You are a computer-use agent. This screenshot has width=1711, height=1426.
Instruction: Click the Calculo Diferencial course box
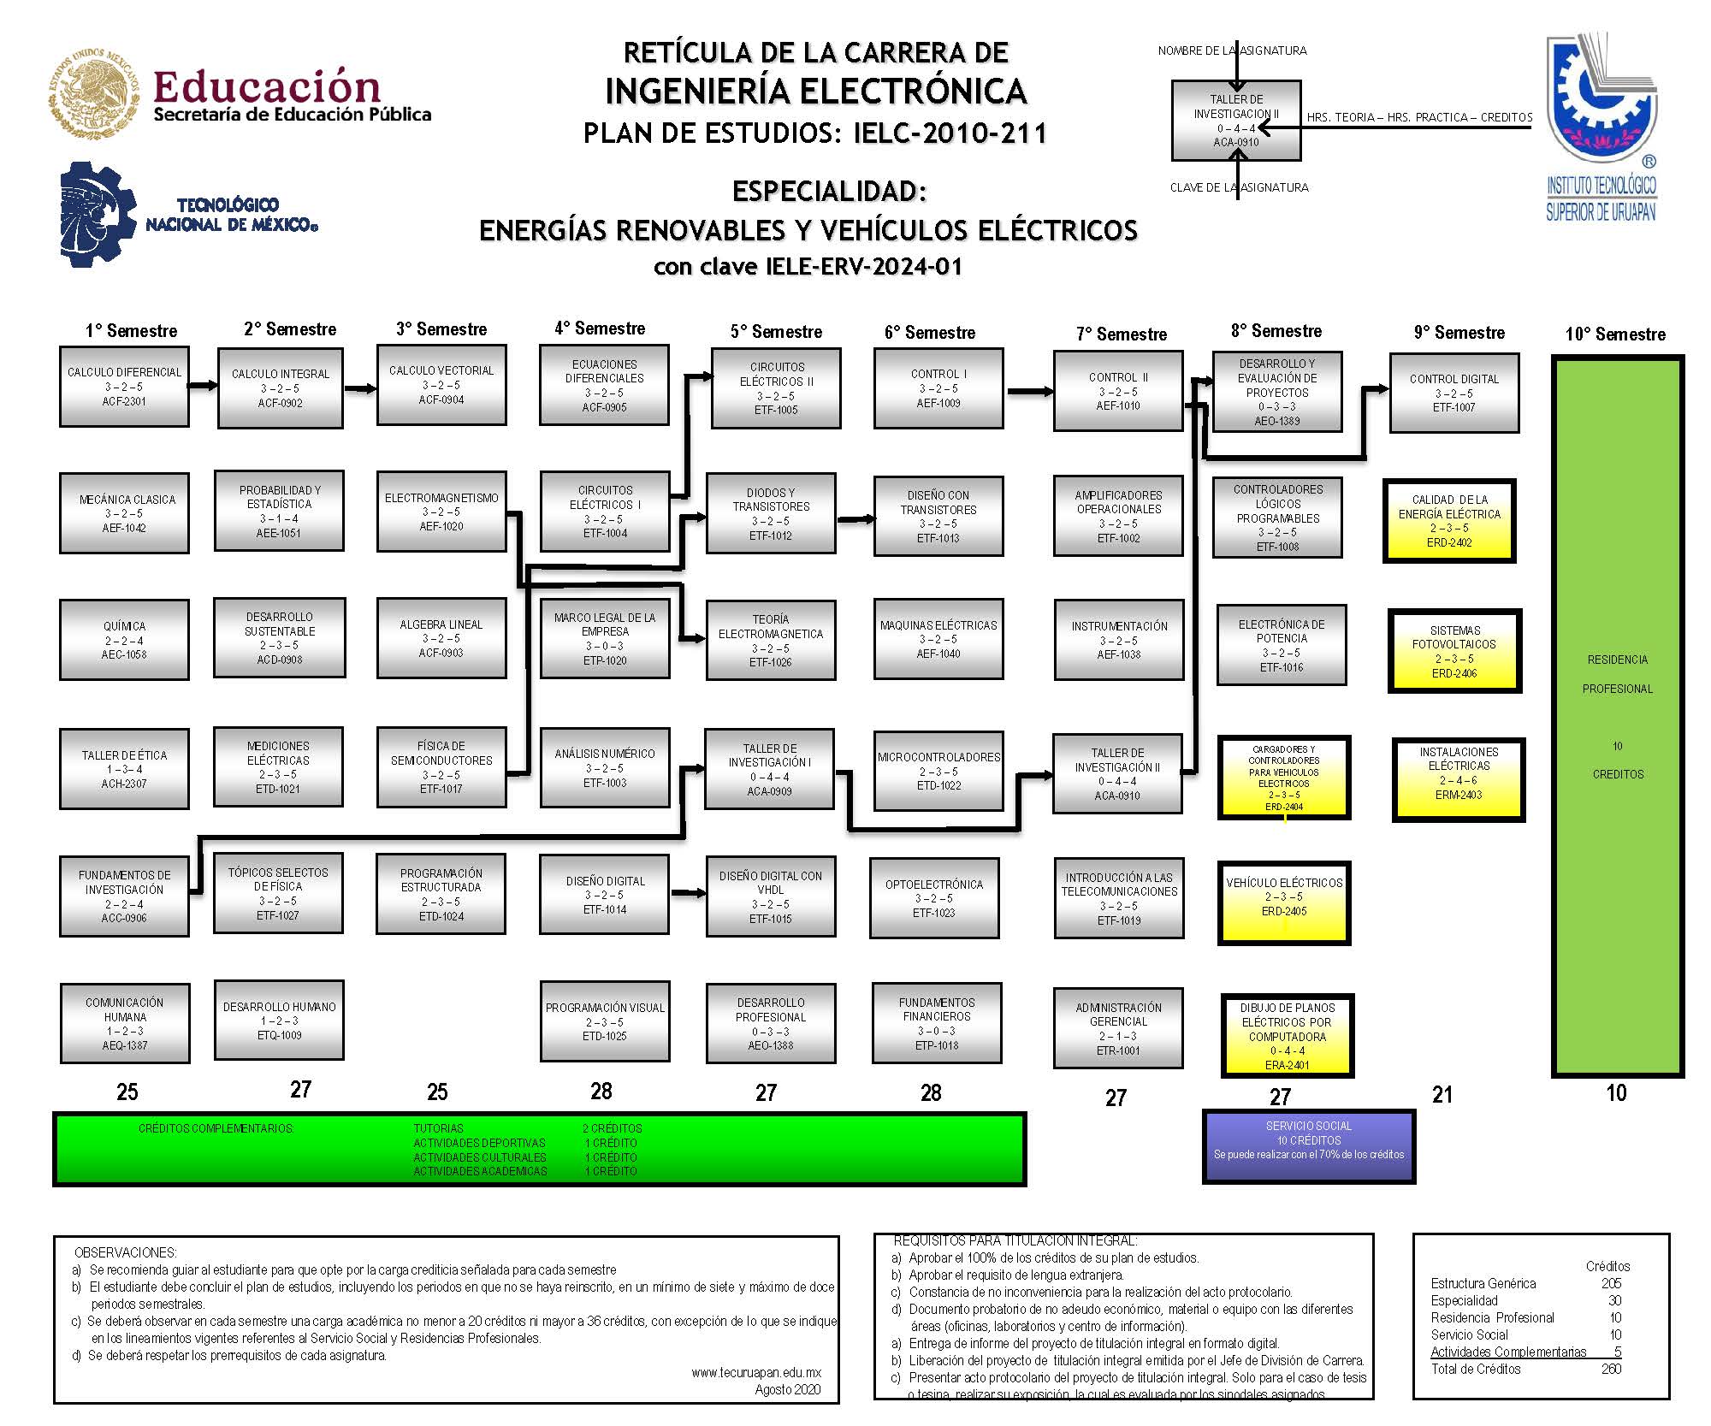[124, 386]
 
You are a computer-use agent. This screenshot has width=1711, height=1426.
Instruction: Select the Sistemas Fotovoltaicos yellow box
[1454, 651]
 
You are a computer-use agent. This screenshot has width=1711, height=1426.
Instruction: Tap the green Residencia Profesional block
[1617, 715]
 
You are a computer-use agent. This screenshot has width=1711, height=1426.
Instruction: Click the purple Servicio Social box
[1309, 1145]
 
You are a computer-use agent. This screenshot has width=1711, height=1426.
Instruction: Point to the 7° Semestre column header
[1121, 334]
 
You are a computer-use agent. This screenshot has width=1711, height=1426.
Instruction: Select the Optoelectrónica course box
[934, 898]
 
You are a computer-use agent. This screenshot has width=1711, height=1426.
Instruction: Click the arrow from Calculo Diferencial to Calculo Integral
[203, 385]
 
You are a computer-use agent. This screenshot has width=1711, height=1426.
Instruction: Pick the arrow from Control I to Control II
[1029, 391]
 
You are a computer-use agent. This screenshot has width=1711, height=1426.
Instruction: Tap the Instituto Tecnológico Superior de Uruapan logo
[1601, 128]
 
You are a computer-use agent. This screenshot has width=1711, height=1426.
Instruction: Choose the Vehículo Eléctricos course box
[1284, 902]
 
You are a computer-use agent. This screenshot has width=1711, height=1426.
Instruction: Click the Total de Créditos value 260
[1611, 1369]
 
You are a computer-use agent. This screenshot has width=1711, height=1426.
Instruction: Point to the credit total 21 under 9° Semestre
[1442, 1094]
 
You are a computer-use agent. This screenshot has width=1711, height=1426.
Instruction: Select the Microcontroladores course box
[938, 770]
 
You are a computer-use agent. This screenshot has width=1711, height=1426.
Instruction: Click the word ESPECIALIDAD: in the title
[829, 191]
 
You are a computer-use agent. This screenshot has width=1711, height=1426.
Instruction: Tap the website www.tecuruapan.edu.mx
[756, 1372]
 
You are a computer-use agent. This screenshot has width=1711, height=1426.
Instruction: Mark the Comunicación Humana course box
[125, 1022]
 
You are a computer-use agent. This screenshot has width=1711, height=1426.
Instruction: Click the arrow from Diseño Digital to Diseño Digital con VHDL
[688, 894]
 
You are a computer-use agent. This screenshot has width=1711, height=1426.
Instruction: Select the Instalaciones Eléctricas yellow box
[1459, 779]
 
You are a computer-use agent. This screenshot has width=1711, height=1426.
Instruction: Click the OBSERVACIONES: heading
[126, 1252]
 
